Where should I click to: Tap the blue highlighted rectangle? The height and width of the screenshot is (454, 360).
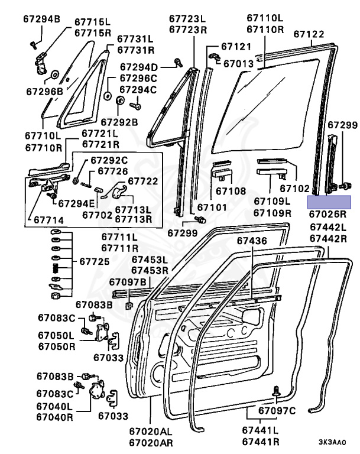click(x=329, y=202)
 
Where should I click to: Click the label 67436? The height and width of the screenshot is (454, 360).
click(x=252, y=241)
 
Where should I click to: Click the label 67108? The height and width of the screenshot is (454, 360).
click(x=229, y=191)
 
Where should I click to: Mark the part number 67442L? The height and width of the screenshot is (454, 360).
click(x=329, y=228)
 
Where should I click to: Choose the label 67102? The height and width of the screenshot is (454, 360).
click(x=294, y=189)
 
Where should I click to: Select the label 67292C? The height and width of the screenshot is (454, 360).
click(x=109, y=160)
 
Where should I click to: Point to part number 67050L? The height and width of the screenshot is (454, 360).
click(x=57, y=335)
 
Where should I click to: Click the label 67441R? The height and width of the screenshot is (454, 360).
click(x=261, y=442)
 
